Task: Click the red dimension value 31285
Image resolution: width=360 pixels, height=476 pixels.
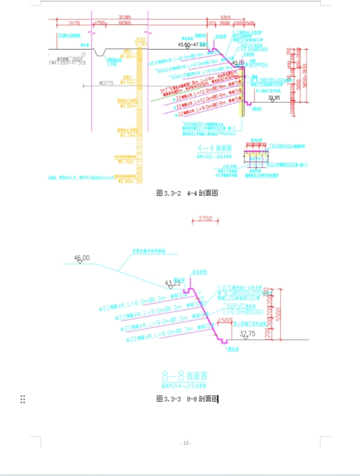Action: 125,17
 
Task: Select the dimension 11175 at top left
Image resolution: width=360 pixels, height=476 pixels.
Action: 74,23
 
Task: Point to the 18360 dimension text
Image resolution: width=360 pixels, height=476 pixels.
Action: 124,23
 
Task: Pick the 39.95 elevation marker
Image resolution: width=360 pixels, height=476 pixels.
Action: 274,97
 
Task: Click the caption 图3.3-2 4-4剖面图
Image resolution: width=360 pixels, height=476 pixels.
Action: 187,193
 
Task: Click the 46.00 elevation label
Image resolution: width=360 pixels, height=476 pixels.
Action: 81,258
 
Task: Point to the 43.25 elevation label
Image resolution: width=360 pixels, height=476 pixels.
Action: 172,283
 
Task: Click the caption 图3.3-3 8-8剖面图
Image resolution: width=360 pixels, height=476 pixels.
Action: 187,399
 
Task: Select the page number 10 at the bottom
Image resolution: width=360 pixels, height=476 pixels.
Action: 186,443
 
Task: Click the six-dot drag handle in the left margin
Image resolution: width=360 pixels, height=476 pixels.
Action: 23,399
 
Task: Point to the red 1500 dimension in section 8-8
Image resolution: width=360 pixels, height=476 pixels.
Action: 225,321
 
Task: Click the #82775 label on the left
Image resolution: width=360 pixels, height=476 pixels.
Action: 106,82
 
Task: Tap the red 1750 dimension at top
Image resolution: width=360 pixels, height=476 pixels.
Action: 100,23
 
